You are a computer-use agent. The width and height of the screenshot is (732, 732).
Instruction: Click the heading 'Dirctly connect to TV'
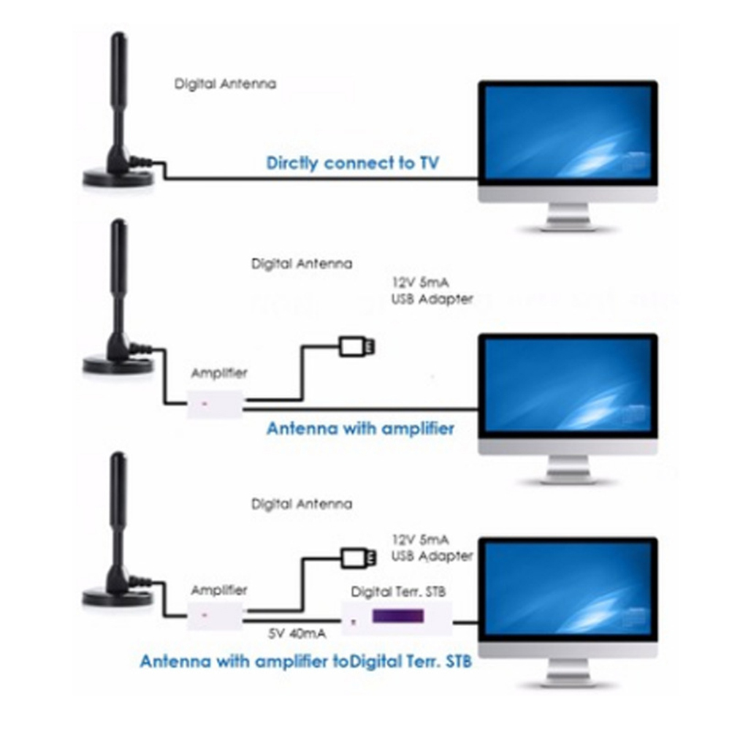tap(352, 163)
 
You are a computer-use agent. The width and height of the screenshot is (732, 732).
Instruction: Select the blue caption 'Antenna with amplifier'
tap(360, 429)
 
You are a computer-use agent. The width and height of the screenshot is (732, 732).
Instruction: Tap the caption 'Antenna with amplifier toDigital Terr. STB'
tap(306, 662)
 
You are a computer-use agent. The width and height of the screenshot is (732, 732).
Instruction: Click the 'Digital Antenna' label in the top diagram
tap(225, 84)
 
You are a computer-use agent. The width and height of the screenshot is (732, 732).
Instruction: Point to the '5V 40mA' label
tap(297, 633)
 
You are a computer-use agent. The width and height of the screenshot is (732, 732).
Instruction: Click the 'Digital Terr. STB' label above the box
tap(398, 592)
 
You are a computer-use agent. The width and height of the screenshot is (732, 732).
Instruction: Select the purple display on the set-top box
tap(397, 616)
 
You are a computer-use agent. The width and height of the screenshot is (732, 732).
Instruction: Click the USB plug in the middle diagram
tap(357, 347)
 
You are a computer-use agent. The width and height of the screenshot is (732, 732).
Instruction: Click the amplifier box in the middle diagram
tap(216, 404)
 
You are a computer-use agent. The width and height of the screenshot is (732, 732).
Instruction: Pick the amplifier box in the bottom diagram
tap(215, 616)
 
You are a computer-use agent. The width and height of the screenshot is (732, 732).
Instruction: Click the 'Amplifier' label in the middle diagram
tap(219, 373)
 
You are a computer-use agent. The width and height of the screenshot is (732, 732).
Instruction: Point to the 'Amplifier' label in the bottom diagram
tap(219, 590)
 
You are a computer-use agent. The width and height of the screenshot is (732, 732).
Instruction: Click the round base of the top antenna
tap(118, 178)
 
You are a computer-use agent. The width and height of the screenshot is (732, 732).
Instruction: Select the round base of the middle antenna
tap(118, 365)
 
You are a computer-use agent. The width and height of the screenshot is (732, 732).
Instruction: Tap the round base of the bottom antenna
tap(117, 598)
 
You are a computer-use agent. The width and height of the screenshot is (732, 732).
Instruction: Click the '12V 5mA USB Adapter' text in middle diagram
tap(432, 290)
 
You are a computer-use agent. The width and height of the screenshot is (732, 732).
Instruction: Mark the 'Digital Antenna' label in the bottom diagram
tap(302, 504)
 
